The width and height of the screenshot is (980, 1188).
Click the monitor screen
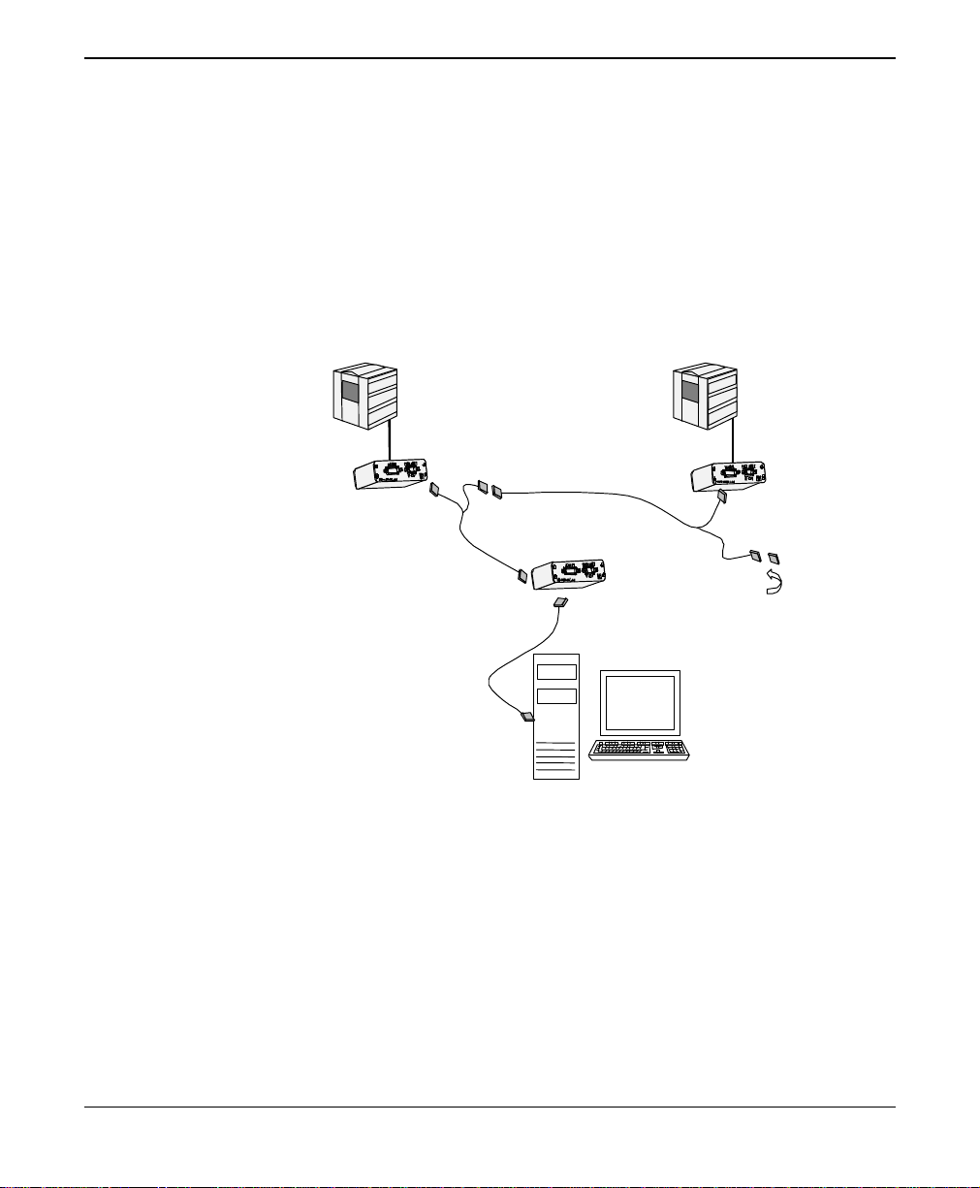[639, 703]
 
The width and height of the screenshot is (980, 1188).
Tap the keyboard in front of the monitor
[639, 749]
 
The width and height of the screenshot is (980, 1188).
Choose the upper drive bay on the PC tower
[556, 671]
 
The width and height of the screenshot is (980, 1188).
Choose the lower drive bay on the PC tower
[556, 694]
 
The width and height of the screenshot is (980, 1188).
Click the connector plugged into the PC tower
[528, 718]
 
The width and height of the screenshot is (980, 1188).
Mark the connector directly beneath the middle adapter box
[560, 603]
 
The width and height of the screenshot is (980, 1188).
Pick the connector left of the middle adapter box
[523, 576]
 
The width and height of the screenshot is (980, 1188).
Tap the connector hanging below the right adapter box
[722, 498]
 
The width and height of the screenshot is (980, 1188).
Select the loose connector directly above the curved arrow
[773, 558]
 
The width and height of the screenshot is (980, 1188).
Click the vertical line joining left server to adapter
[389, 440]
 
